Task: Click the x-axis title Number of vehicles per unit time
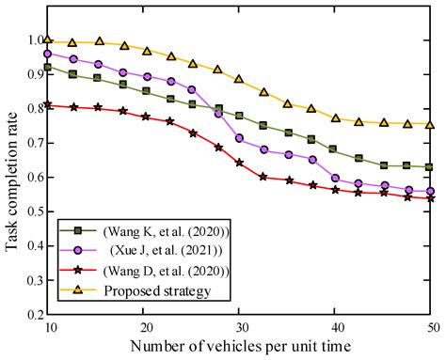tap(240, 348)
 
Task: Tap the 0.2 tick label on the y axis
tap(30, 314)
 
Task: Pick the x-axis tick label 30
tap(240, 327)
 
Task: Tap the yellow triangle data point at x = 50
tap(430, 124)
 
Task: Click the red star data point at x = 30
tap(240, 163)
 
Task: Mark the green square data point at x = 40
tap(335, 149)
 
